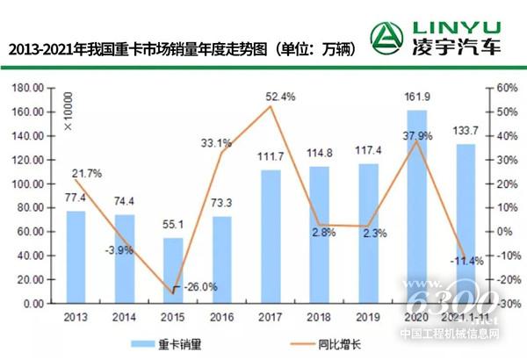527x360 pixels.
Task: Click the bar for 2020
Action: click(416, 206)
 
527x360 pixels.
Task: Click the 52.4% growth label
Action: click(279, 97)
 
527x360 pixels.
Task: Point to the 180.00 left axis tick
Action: click(30, 88)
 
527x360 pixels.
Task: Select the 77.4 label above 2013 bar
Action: click(76, 201)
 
